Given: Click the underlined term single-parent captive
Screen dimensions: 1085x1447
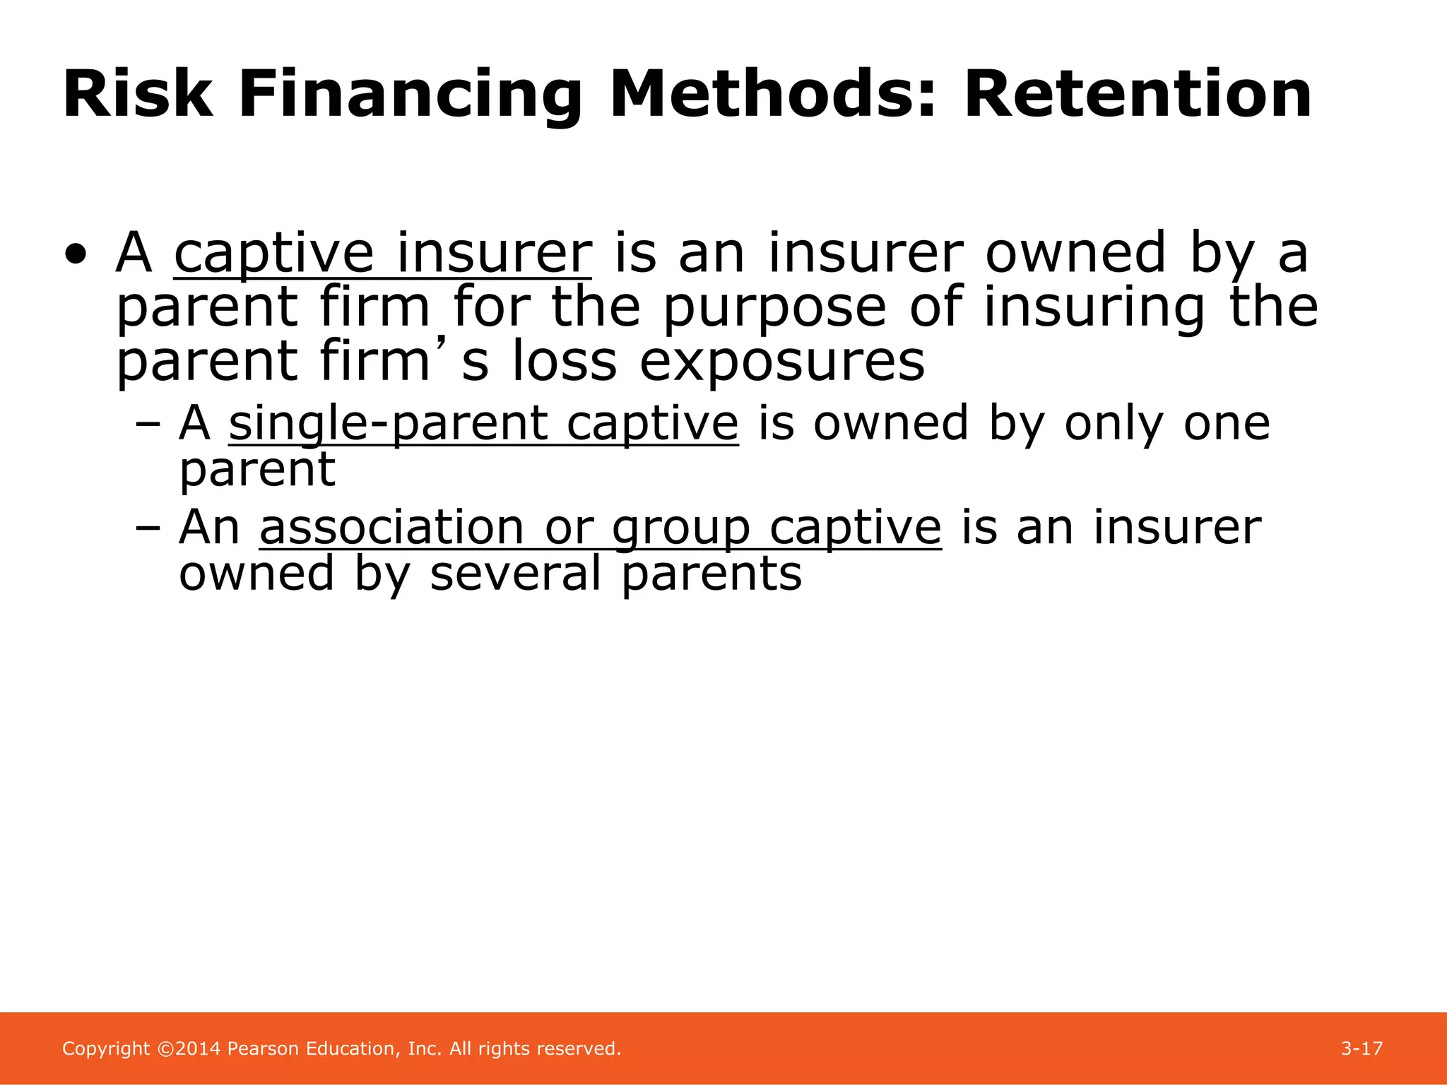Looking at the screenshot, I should point(483,424).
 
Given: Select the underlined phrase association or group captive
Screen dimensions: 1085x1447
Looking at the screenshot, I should point(600,528).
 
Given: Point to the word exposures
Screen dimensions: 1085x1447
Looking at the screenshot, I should point(782,362).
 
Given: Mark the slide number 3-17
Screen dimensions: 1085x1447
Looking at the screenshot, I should point(1362,1049).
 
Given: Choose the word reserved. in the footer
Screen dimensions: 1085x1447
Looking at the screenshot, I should point(579,1049).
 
